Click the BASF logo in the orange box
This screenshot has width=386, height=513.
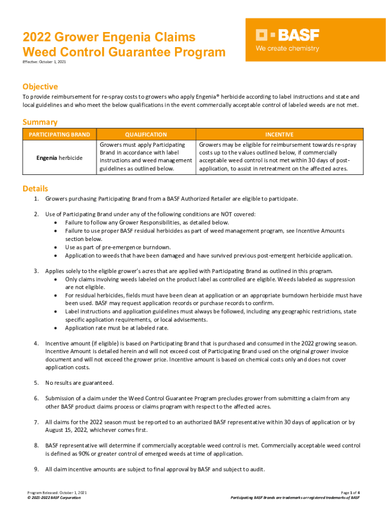coord(287,35)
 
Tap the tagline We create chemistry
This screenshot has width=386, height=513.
coord(287,49)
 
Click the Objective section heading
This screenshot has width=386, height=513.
coord(40,87)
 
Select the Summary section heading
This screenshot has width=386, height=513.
coord(40,122)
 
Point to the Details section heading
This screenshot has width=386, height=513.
coord(36,188)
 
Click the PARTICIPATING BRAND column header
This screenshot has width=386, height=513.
coord(59,134)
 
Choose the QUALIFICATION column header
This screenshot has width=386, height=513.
coord(145,134)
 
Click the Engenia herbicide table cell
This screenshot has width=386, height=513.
coord(59,158)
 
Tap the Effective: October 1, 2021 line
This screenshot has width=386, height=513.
coord(44,62)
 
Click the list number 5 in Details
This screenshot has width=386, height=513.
coord(36,383)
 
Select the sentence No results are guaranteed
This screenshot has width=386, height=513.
coord(79,383)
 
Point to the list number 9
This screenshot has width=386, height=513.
coord(36,469)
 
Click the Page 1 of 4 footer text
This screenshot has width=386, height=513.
coord(349,493)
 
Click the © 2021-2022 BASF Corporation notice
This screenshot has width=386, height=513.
coord(54,498)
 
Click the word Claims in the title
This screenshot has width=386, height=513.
coord(171,38)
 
